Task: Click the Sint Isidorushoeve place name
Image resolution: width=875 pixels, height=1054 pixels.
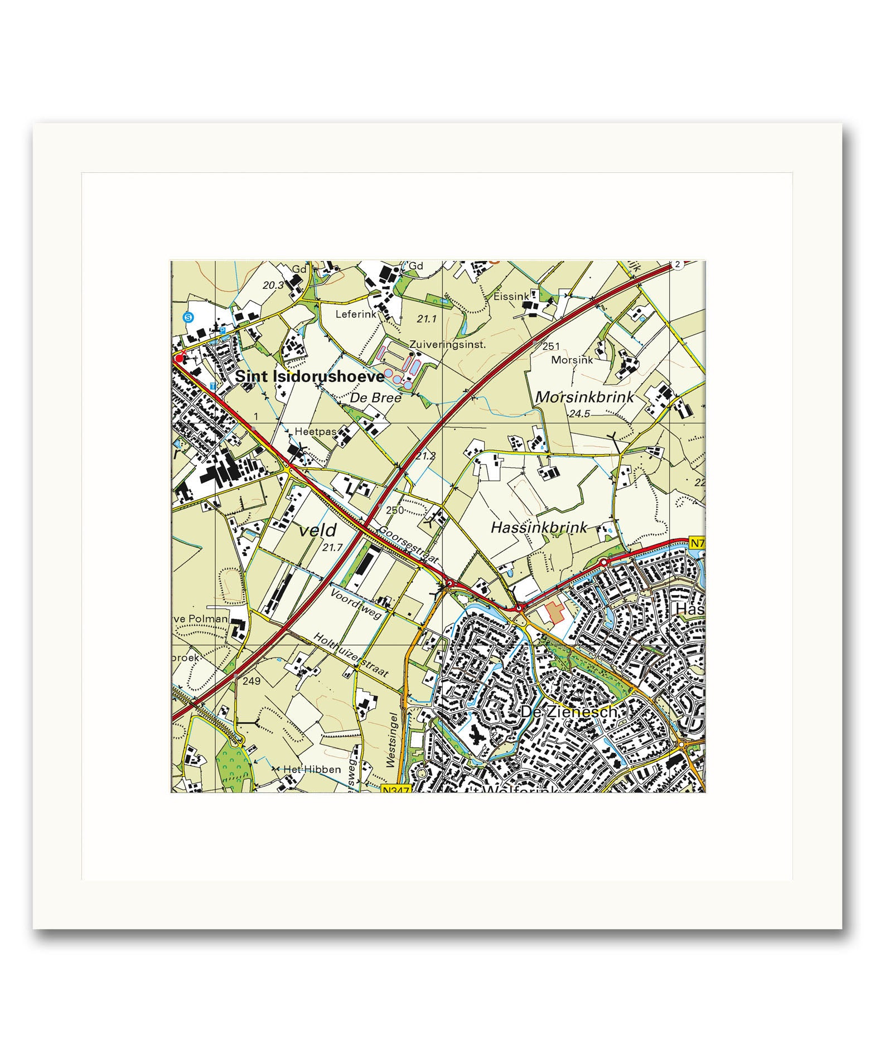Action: (309, 377)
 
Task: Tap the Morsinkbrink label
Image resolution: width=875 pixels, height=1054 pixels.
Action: (584, 397)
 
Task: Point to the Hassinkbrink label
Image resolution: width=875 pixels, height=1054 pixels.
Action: (539, 528)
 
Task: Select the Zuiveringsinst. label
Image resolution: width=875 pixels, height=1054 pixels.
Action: (447, 345)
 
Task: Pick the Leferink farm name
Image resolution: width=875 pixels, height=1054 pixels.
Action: (356, 315)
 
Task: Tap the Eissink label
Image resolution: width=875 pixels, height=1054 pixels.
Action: (510, 297)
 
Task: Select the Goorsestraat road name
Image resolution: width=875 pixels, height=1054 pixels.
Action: (409, 544)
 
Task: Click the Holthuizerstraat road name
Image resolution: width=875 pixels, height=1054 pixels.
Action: (351, 655)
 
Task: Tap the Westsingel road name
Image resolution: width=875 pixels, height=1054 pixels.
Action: (394, 739)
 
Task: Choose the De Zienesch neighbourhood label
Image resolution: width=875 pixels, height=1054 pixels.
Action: (569, 712)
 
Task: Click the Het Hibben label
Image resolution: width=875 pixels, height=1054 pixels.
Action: (312, 770)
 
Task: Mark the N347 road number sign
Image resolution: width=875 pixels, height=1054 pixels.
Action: (397, 789)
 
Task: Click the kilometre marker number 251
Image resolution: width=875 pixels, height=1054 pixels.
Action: (550, 346)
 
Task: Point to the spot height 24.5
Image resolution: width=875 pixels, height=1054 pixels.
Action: (579, 414)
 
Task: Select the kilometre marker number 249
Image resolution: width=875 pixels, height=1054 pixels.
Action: (252, 681)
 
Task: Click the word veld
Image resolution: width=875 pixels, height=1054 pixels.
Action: (318, 530)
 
